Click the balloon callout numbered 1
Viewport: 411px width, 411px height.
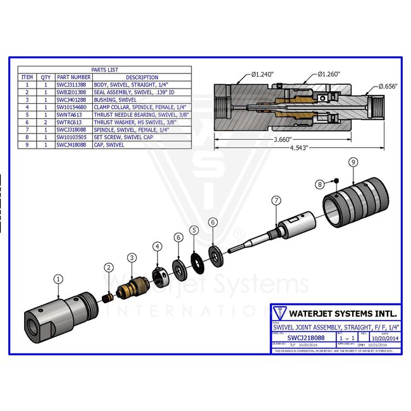[58, 278]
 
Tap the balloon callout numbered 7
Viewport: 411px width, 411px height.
[276, 200]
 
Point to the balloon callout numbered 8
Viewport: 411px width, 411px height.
[321, 183]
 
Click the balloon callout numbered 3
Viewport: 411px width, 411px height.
[131, 257]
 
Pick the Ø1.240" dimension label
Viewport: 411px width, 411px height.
[261, 75]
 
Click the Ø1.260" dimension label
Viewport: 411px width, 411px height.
[328, 74]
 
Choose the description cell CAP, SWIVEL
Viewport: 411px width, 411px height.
[110, 144]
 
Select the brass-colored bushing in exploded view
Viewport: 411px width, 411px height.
[134, 288]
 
